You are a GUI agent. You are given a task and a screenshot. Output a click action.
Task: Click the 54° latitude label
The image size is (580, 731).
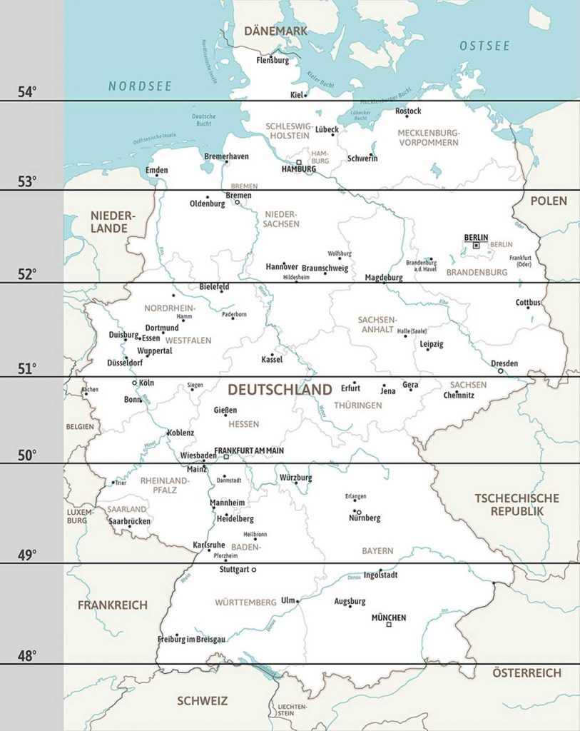pyautogui.click(x=27, y=92)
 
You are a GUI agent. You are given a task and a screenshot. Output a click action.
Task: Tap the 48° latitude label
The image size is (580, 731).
pyautogui.click(x=27, y=655)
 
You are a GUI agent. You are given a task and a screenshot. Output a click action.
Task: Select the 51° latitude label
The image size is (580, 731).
pyautogui.click(x=27, y=369)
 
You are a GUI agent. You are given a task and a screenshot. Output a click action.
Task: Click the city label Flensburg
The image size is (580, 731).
pyautogui.click(x=273, y=61)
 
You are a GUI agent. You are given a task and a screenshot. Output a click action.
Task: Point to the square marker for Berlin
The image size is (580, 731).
pyautogui.click(x=476, y=246)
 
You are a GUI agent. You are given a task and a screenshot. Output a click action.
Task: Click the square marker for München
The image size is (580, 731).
pyautogui.click(x=389, y=625)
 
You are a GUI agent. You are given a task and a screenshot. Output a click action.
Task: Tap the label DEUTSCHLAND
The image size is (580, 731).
pyautogui.click(x=280, y=390)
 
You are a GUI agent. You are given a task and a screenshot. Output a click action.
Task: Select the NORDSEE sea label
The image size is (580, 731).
pyautogui.click(x=140, y=86)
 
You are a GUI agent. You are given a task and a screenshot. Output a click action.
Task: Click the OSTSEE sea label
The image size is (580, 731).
pyautogui.click(x=484, y=46)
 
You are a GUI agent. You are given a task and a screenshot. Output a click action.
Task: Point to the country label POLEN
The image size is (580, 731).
pyautogui.click(x=549, y=201)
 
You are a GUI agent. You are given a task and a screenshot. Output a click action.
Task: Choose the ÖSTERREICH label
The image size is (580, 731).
pyautogui.click(x=526, y=672)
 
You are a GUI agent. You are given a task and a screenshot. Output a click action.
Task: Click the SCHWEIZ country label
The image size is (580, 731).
pyautogui.click(x=202, y=700)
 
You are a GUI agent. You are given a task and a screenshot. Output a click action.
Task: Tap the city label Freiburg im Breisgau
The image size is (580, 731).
pyautogui.click(x=191, y=640)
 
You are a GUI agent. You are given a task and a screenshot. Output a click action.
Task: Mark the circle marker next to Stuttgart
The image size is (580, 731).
pyautogui.click(x=254, y=570)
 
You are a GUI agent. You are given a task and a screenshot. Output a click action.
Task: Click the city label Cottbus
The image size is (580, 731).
pyautogui.click(x=528, y=303)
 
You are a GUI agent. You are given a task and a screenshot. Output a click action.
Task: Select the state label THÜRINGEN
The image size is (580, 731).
pyautogui.click(x=358, y=405)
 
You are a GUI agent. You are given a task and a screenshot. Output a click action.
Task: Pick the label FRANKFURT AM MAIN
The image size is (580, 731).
pyautogui.click(x=249, y=450)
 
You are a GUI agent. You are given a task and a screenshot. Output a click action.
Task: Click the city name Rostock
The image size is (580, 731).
pyautogui.click(x=408, y=111)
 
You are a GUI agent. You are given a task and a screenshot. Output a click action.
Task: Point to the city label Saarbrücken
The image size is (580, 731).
pyautogui.click(x=129, y=522)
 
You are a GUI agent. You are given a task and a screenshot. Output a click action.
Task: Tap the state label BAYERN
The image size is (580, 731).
pyautogui.click(x=377, y=551)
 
